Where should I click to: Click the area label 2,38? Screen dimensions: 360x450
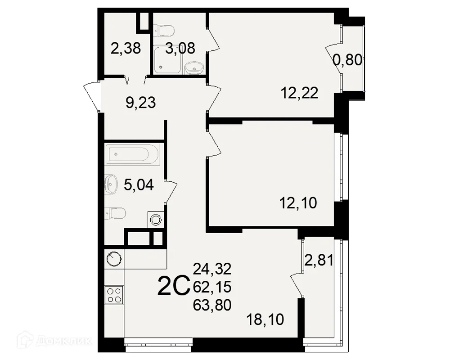point(126,48)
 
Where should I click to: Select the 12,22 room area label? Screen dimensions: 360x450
point(299,93)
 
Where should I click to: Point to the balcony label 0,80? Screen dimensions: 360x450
point(347,59)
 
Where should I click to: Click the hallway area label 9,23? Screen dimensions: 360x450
point(140,103)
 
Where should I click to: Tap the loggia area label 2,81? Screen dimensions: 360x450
point(319,260)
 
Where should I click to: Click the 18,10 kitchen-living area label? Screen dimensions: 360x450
point(265,320)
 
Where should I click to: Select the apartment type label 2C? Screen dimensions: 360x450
point(173,287)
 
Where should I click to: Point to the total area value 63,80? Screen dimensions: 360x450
point(212,305)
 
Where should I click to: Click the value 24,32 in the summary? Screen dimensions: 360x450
point(212,269)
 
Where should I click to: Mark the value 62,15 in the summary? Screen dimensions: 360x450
point(212,287)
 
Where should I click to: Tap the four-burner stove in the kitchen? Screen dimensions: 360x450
point(114,295)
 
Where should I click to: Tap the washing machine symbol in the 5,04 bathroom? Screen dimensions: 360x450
point(156,220)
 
